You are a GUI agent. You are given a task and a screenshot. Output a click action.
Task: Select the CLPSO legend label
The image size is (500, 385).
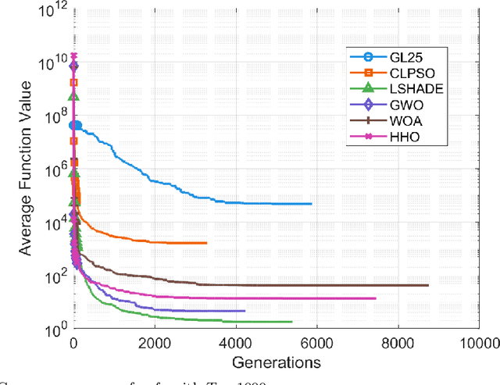[x=407, y=73]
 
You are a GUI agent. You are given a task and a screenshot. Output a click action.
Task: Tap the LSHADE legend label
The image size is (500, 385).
[x=411, y=89]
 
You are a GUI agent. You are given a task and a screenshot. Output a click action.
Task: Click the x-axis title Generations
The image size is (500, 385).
[x=277, y=362]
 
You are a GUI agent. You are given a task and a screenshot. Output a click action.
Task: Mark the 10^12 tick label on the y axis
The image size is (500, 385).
[x=55, y=9]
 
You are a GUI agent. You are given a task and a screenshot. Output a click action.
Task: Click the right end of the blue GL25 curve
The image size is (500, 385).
[x=311, y=204]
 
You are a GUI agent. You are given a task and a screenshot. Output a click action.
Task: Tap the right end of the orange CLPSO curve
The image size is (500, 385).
[x=207, y=243]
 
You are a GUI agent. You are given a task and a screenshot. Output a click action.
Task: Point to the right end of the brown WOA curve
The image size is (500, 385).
[x=428, y=285]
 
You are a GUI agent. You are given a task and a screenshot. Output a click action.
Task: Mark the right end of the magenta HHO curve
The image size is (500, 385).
[x=375, y=298]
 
